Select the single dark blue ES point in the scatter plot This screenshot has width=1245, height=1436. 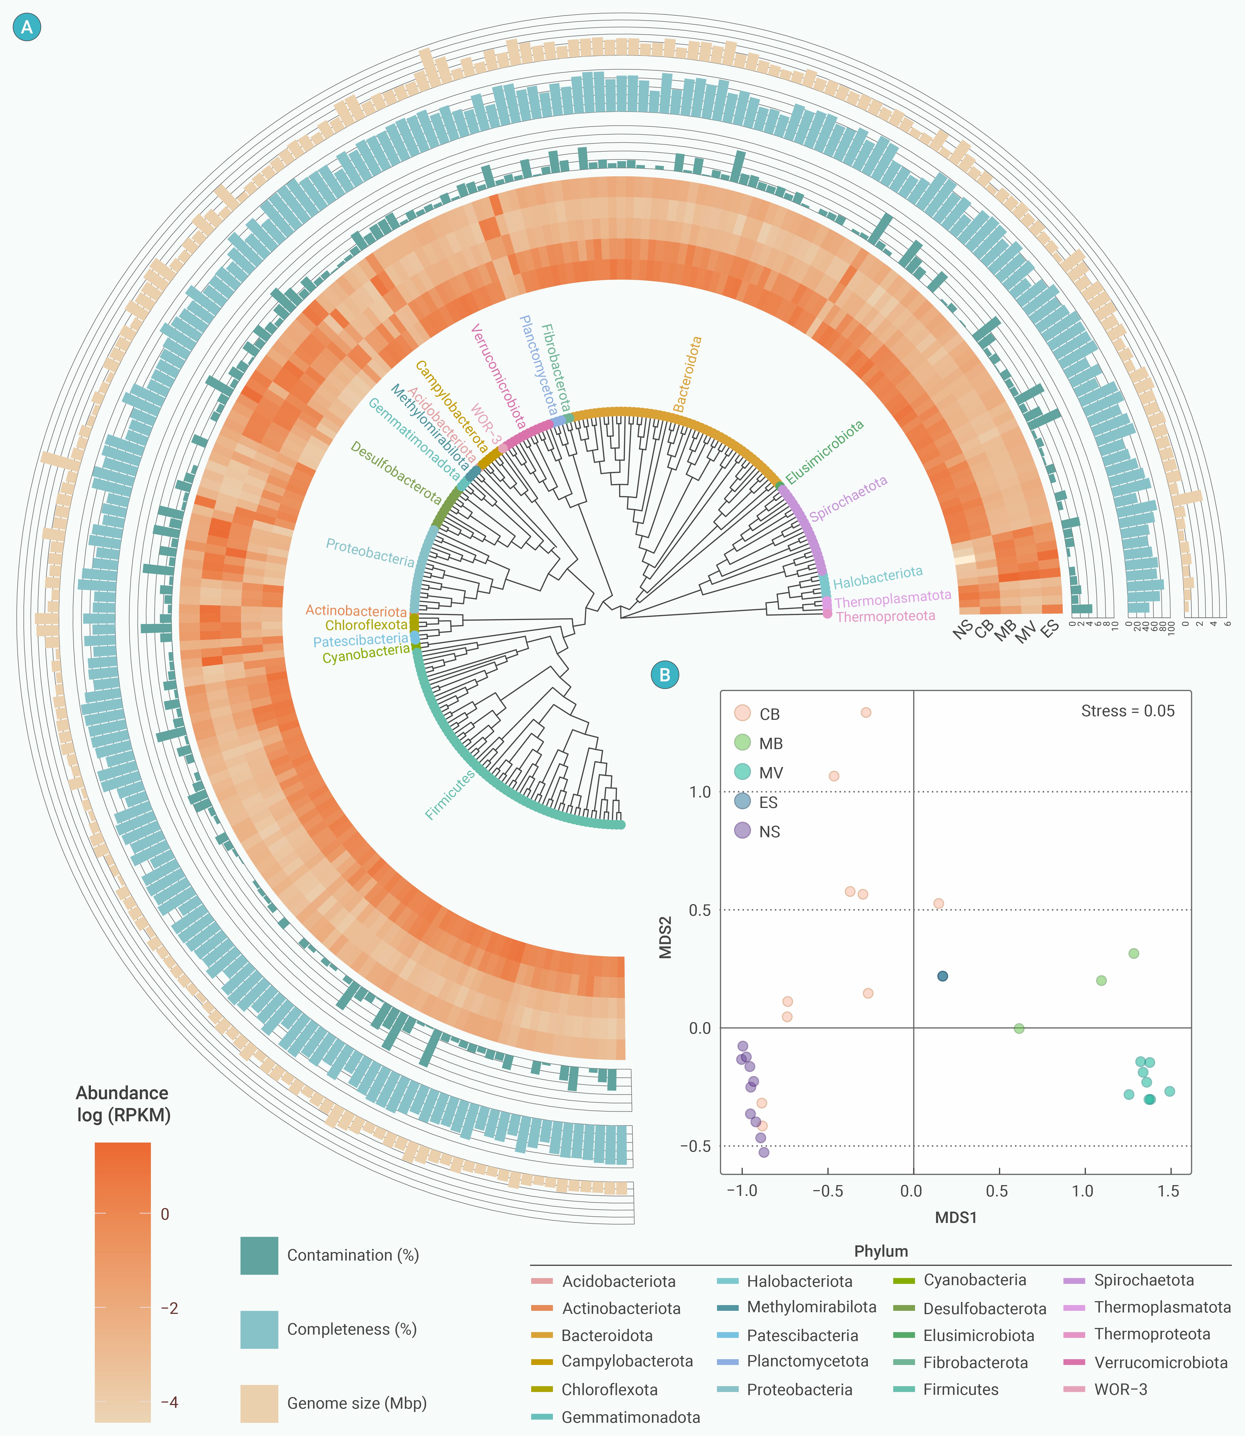pyautogui.click(x=942, y=976)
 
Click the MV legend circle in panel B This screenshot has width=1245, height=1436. pyautogui.click(x=742, y=771)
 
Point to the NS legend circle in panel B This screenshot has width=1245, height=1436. pyautogui.click(x=742, y=830)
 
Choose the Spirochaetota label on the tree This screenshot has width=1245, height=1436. pyautogui.click(x=848, y=498)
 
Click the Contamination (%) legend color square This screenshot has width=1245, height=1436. pyautogui.click(x=259, y=1255)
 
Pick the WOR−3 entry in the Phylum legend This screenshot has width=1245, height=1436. pyautogui.click(x=1120, y=1390)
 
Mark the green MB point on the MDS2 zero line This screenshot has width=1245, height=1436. pyautogui.click(x=1018, y=1028)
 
